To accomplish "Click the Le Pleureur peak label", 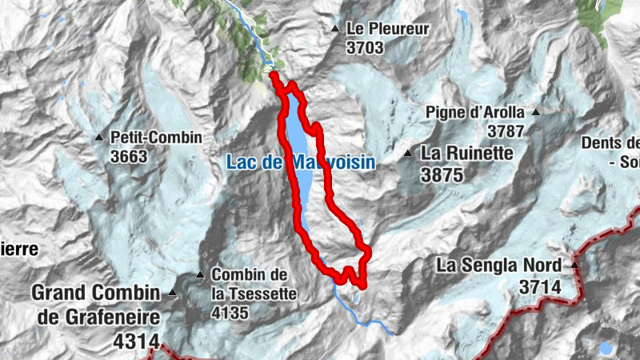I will (x=388, y=29).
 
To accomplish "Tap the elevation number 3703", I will (x=366, y=48).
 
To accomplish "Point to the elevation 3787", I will (x=506, y=130).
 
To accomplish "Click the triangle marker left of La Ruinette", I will (x=408, y=153).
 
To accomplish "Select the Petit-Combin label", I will (x=157, y=138).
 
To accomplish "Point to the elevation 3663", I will (x=130, y=156).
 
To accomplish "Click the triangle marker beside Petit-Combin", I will (x=99, y=138).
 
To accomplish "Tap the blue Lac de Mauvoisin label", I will (x=301, y=162).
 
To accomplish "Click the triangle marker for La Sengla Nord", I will (x=574, y=265).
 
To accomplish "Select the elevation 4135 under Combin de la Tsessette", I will (x=230, y=312).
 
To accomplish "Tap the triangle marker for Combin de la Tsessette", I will (x=200, y=276).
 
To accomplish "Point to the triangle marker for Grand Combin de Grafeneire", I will (x=172, y=294).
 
